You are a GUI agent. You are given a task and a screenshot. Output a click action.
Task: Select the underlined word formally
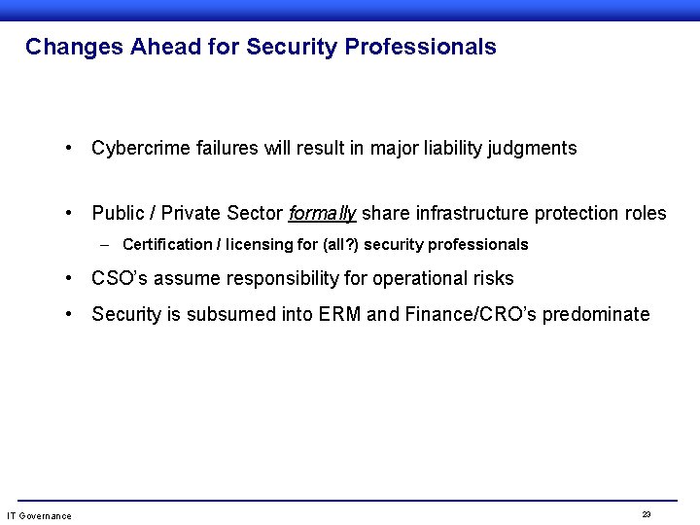coord(323,213)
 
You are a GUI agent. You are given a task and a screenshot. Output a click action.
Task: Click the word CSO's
coord(120,279)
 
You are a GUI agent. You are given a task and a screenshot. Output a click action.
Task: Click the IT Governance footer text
coord(39,515)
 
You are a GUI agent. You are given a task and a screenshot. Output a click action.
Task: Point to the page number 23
coord(647,514)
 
